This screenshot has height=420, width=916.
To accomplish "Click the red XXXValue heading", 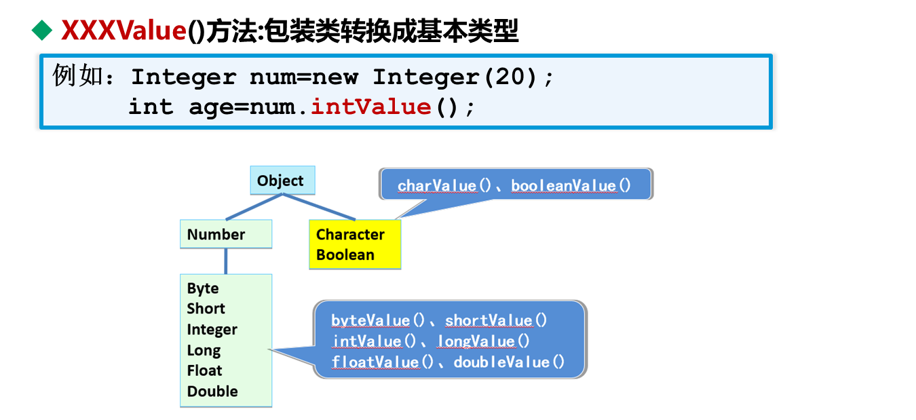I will pyautogui.click(x=123, y=31).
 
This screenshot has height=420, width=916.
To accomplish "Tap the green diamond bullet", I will pyautogui.click(x=42, y=30).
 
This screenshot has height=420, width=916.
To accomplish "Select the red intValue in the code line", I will pyautogui.click(x=370, y=107).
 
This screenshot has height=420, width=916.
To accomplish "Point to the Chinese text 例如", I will pyautogui.click(x=75, y=76).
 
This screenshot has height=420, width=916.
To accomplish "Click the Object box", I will pyautogui.click(x=281, y=180).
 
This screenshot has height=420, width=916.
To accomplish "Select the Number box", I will pyautogui.click(x=225, y=234).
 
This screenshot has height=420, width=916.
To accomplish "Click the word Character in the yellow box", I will pyautogui.click(x=350, y=235).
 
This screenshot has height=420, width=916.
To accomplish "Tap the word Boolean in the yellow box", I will pyautogui.click(x=345, y=255).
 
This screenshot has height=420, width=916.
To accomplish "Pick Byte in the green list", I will pyautogui.click(x=203, y=288).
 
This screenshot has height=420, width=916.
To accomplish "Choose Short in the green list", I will pyautogui.click(x=206, y=309).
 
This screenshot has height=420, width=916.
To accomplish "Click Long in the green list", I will pyautogui.click(x=204, y=350).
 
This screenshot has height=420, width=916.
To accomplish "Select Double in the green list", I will pyautogui.click(x=212, y=392).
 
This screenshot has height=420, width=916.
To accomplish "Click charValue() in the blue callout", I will pyautogui.click(x=444, y=185).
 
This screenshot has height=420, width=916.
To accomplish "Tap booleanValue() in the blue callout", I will pyautogui.click(x=571, y=185).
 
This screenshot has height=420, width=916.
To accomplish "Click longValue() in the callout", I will pyautogui.click(x=483, y=341).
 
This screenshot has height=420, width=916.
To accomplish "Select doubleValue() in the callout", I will pyautogui.click(x=509, y=362).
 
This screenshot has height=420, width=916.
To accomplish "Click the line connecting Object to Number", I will pyautogui.click(x=253, y=207).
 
